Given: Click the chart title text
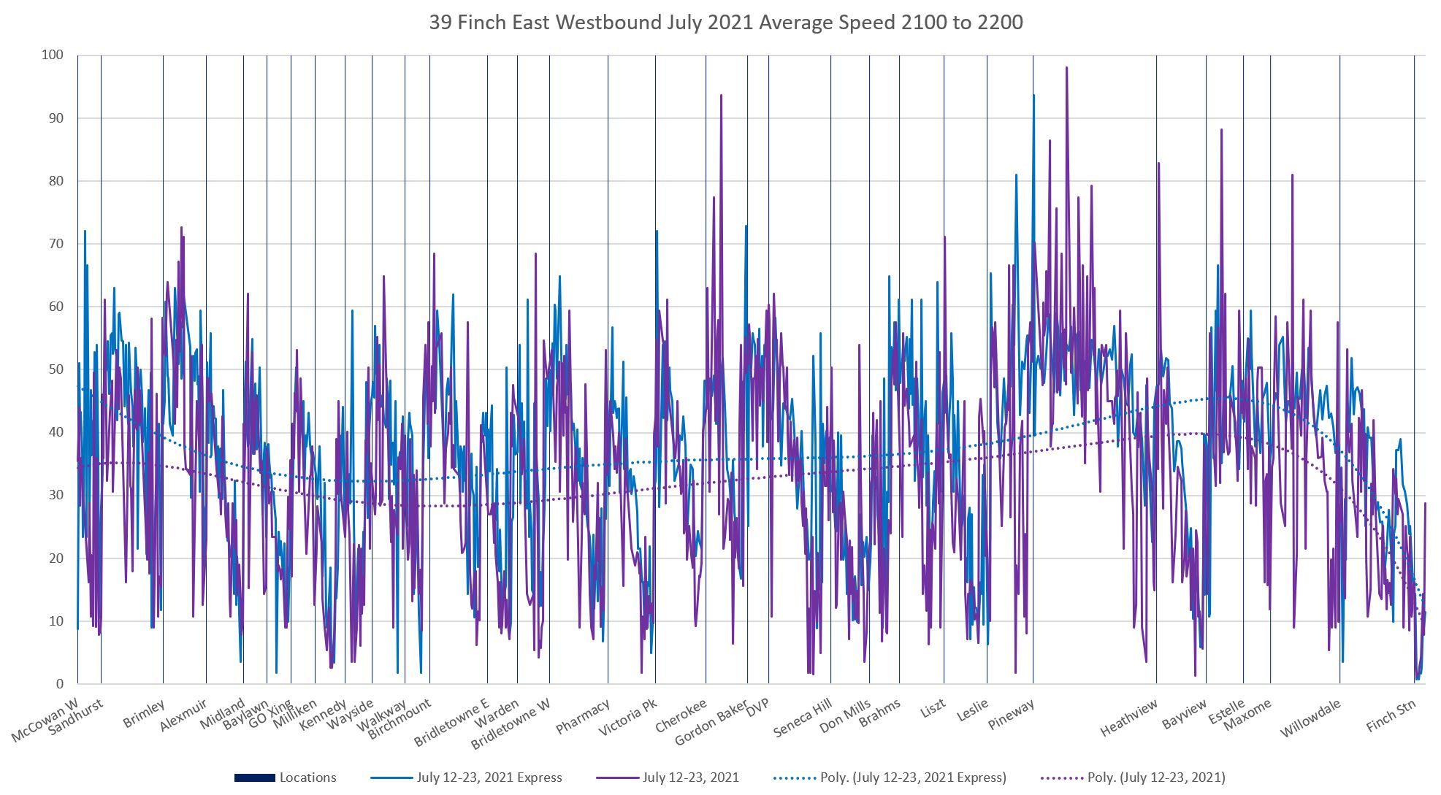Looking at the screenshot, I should click(725, 23).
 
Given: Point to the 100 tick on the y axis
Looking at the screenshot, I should click(53, 55).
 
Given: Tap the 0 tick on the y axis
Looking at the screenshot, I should click(61, 684).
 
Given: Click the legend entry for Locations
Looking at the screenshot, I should click(286, 777).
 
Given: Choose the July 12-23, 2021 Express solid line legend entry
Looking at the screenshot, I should click(467, 777).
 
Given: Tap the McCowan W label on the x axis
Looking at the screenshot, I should click(45, 722).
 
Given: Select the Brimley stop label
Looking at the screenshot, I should click(144, 714).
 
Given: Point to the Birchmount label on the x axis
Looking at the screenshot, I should click(400, 719).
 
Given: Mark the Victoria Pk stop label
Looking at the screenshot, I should click(628, 718).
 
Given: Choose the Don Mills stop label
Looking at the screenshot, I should click(845, 716).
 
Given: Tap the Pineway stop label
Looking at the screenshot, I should click(1012, 715).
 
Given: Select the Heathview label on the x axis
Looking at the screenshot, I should click(1129, 718).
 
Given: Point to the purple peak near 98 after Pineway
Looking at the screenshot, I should click(1066, 68).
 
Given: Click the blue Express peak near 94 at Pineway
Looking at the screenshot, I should click(1033, 95).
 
